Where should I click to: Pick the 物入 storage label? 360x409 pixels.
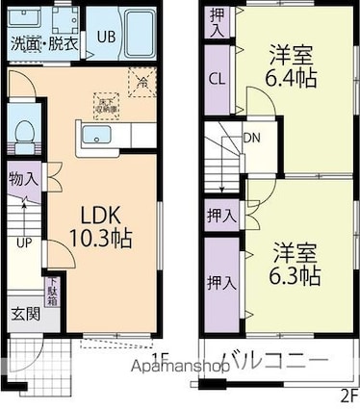(24, 178)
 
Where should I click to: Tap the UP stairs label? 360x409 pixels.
(21, 243)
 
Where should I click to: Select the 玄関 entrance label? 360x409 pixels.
(24, 314)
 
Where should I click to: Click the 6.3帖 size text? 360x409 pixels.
(295, 275)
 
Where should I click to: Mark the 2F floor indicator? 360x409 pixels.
(348, 395)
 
